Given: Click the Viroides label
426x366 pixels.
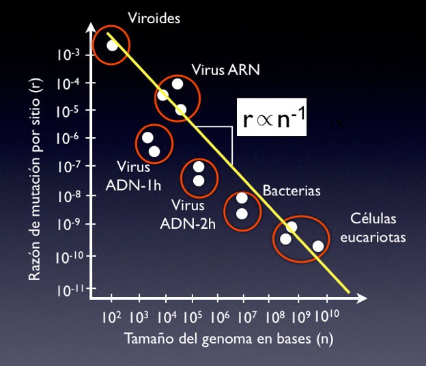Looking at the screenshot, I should tap(158, 18).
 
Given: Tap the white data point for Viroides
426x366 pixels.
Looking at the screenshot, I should tap(113, 45).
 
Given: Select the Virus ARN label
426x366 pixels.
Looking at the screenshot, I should tap(225, 70).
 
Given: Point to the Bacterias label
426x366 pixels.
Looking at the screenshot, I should tap(292, 191).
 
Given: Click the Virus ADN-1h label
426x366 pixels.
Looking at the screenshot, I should tap(129, 175).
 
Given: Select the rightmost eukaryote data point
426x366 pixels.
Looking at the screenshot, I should tap(317, 246).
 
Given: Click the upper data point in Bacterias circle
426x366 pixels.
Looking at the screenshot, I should tap(242, 198).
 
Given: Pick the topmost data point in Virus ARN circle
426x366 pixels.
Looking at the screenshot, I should tap(177, 84).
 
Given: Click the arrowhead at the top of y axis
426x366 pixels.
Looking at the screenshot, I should tap(90, 28).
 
